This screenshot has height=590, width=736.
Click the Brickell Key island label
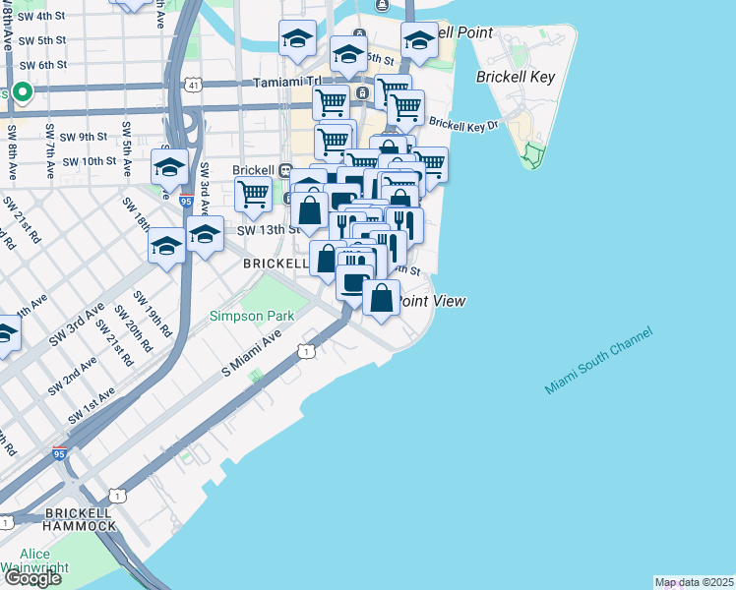[x=516, y=77]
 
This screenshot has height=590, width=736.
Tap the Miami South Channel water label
[x=598, y=361]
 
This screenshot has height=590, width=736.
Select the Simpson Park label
[x=252, y=317]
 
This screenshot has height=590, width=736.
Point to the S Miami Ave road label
[x=252, y=353]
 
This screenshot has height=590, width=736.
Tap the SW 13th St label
[x=267, y=230]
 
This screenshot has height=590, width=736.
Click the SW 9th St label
[x=84, y=137]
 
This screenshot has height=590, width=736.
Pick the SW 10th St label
[x=89, y=161]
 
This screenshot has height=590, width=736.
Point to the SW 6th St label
[x=41, y=65]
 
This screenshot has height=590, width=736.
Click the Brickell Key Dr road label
[x=463, y=125]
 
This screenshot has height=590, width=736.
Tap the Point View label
[x=431, y=302]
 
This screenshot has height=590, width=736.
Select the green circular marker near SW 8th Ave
[x=23, y=93]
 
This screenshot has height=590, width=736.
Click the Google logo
[x=31, y=577]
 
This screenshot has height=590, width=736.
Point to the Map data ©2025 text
[x=695, y=582]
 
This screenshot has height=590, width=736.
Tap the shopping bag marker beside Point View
[x=381, y=297]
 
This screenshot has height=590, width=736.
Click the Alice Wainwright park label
[x=37, y=560]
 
